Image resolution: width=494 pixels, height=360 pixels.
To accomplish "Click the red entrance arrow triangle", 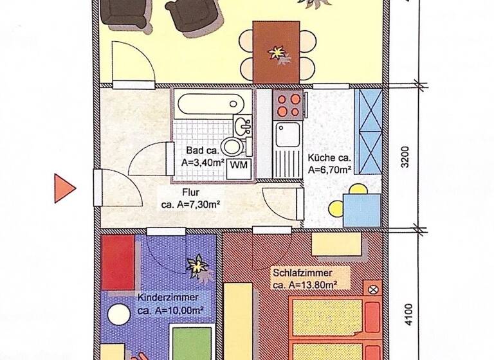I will pyautogui.click(x=63, y=188).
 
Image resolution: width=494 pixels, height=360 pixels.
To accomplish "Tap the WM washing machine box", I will pyautogui.click(x=238, y=165).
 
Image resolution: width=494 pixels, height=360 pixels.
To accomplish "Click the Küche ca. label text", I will pyautogui.click(x=329, y=158).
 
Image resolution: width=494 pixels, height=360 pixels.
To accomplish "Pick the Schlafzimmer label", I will pyautogui.click(x=302, y=273).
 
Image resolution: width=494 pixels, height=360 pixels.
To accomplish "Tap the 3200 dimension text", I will pyautogui.click(x=405, y=158).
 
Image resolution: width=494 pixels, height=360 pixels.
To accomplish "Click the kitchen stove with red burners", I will pyautogui.click(x=288, y=105).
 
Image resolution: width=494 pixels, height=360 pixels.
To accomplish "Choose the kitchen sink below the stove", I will pyautogui.click(x=284, y=136).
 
